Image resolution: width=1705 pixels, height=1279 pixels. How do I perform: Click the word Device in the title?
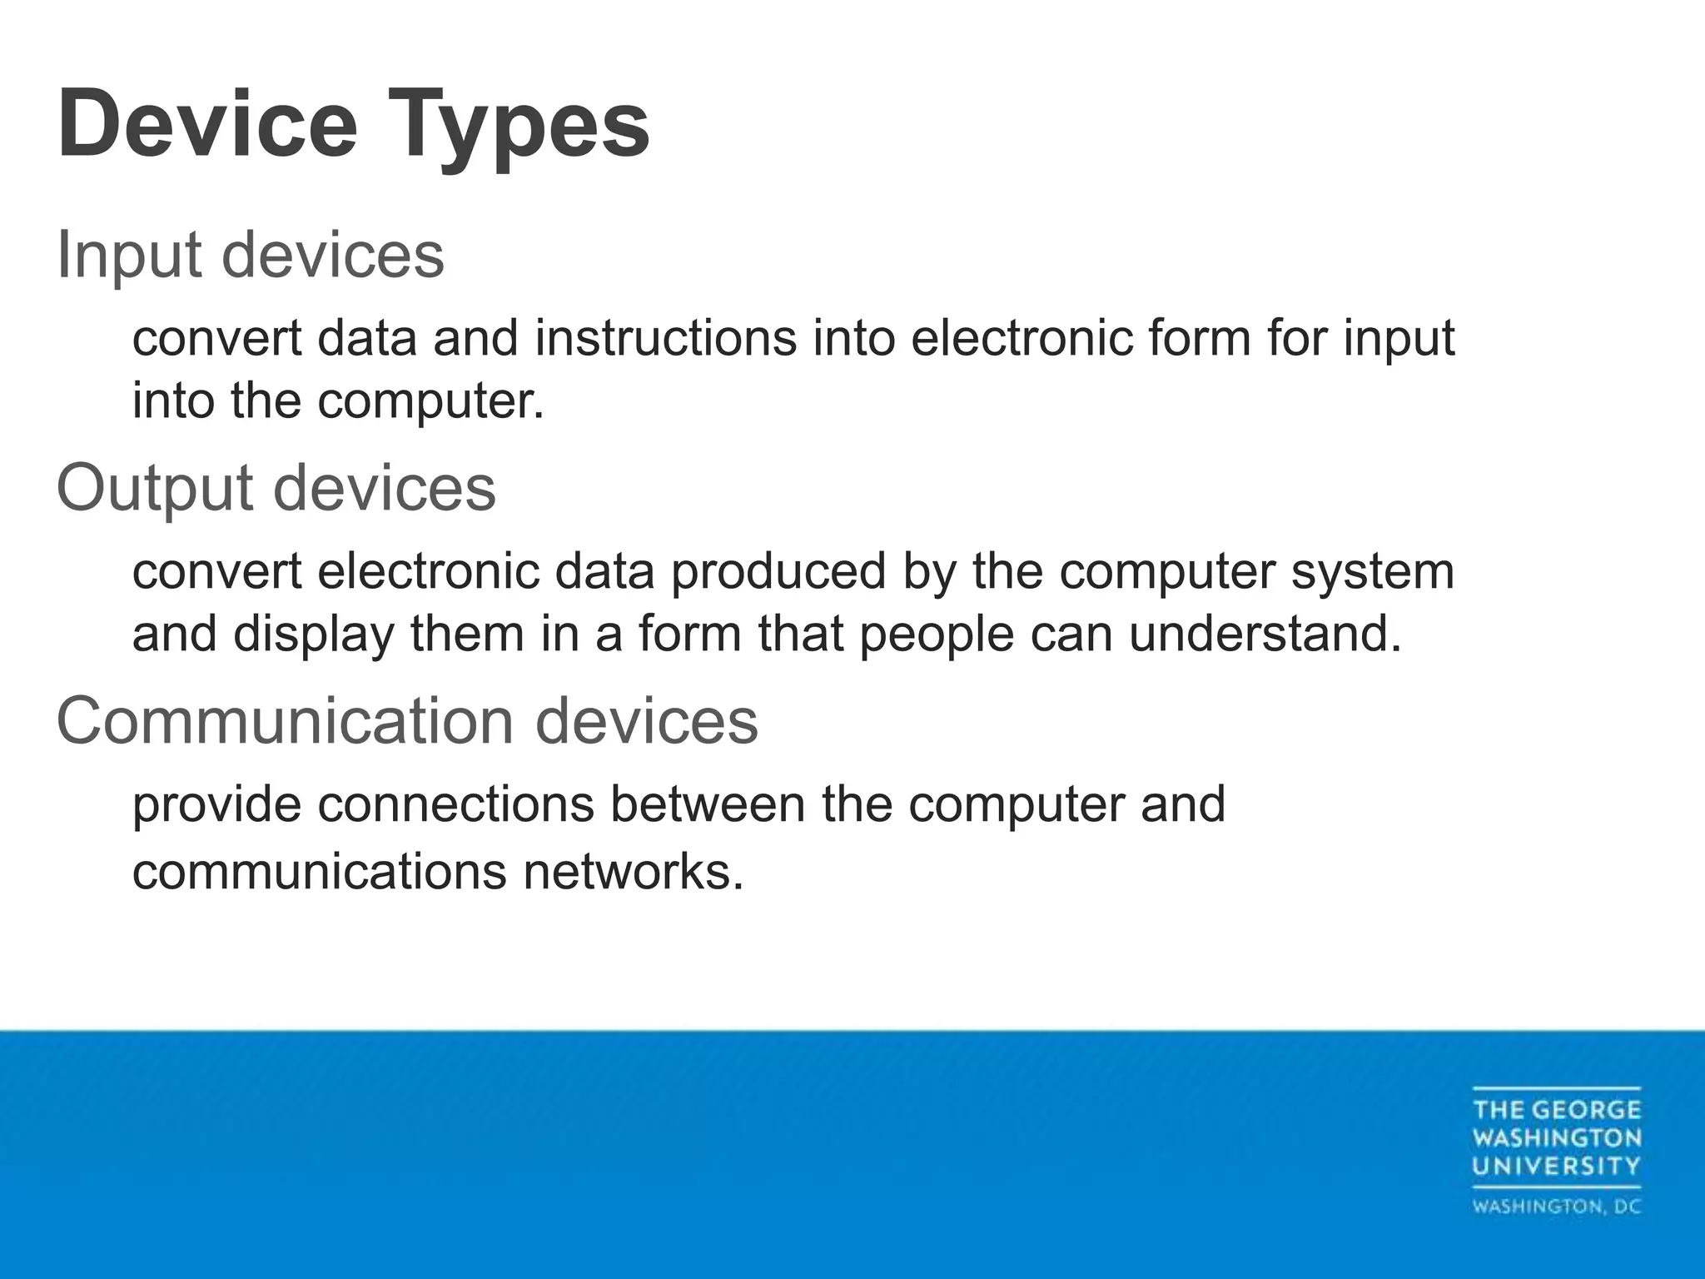coord(207,125)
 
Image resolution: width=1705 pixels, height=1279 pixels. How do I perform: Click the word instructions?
coord(665,339)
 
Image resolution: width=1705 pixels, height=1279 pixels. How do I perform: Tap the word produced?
coord(778,573)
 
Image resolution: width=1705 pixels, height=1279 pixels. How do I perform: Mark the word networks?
coord(633,872)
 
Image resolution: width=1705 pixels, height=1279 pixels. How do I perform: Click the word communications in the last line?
coord(320,872)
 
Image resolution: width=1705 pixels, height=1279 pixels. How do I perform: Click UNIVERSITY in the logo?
coord(1556,1167)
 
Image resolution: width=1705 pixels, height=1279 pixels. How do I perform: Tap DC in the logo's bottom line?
coord(1625,1207)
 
